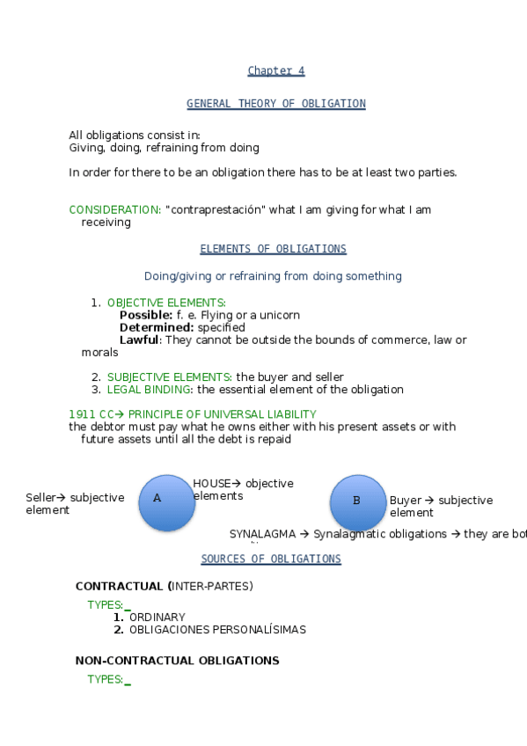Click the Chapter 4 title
pos(275,71)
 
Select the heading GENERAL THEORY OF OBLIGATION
pos(275,104)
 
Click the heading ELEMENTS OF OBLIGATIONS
pos(273,249)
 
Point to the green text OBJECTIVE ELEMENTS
pos(165,303)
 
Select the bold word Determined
pos(156,327)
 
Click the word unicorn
pos(281,315)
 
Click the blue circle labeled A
pos(167,502)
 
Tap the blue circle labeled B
pos(358,502)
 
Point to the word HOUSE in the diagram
pos(211,484)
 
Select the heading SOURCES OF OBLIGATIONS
pos(271,559)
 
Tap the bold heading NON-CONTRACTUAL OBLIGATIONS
pos(177,661)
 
